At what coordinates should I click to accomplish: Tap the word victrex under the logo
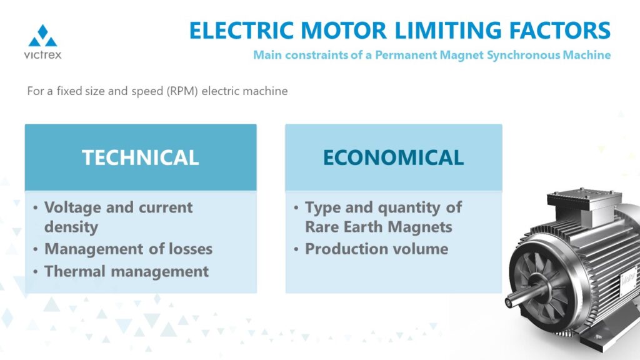(x=43, y=55)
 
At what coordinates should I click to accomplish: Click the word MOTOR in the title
(x=344, y=31)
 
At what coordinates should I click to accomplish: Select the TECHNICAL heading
(x=141, y=157)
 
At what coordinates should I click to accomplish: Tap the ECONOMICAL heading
(x=394, y=157)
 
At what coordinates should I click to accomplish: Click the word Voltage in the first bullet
(x=72, y=207)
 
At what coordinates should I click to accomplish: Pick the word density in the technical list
(x=71, y=227)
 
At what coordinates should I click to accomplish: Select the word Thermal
(x=75, y=271)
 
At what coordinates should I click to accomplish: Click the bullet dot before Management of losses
(x=36, y=249)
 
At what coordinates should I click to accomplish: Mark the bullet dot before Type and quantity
(x=296, y=207)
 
